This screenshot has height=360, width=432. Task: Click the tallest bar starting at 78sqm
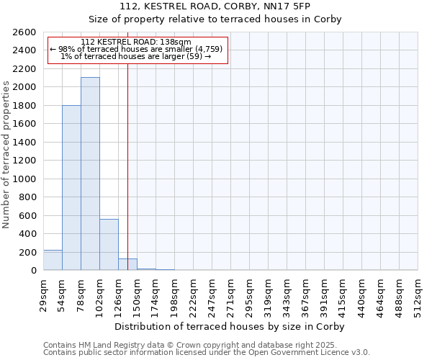(x=90, y=174)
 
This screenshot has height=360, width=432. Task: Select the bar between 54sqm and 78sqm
(x=71, y=188)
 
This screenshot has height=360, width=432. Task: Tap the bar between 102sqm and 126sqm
(x=109, y=245)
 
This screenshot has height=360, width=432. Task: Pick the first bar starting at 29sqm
(x=53, y=260)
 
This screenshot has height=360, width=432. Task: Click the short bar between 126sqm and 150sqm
(x=127, y=264)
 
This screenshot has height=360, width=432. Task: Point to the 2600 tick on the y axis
(x=25, y=32)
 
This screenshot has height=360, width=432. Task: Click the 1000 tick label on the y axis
(x=25, y=179)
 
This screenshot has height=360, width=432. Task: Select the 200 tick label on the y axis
(x=29, y=253)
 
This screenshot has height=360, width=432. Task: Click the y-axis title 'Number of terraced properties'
(x=6, y=154)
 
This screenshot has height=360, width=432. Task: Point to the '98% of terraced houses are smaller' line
(x=136, y=49)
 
